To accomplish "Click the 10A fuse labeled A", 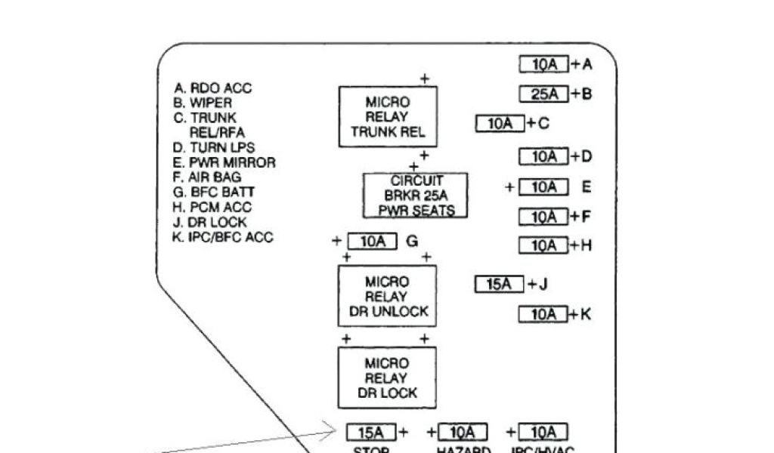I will coord(543,65).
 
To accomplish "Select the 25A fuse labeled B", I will coord(543,94).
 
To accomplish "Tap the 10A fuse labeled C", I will coord(500,123).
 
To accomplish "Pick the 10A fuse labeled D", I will coord(543,157).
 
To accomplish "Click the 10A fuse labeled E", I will coord(543,187).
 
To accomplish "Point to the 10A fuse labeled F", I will coord(543,217).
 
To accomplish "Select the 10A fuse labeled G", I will coord(372,242).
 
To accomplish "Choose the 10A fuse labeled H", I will coord(543,246).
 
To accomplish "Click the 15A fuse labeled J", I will coord(500,285).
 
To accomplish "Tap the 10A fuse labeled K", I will coord(543,315).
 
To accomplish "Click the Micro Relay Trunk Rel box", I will coord(388,117).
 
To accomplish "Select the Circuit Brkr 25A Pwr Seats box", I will coord(416,196).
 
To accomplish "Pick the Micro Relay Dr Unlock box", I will coord(388,296).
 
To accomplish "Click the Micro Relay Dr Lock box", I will coord(388,377).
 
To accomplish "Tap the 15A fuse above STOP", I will coord(371,433).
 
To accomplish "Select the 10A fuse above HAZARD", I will coord(463,433).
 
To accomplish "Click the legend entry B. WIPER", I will coord(203,103).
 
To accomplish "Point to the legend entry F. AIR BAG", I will coord(207,177).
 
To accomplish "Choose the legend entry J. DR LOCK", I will coord(210,222).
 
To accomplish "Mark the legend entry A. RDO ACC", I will coord(212,88).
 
